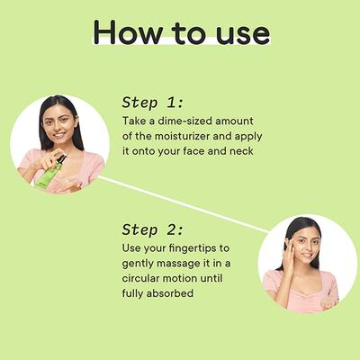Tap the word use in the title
243,34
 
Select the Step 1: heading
152,103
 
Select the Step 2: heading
152,230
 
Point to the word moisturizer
182,136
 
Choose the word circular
140,278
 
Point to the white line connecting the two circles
184,204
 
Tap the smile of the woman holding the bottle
59,135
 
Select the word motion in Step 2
181,278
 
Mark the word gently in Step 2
138,265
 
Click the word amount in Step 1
234,121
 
